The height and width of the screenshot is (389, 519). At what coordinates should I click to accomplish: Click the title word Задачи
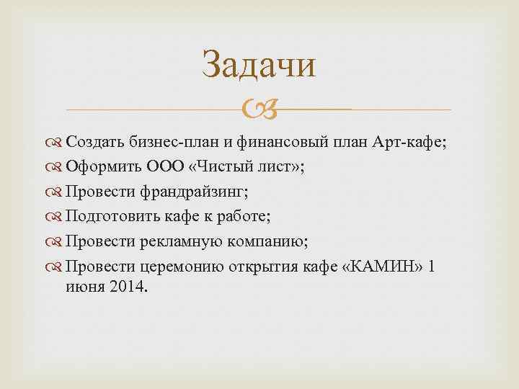click(x=259, y=64)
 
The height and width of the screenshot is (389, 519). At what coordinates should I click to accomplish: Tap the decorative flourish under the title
click(x=259, y=110)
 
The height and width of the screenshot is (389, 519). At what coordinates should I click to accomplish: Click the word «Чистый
click(x=213, y=167)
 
